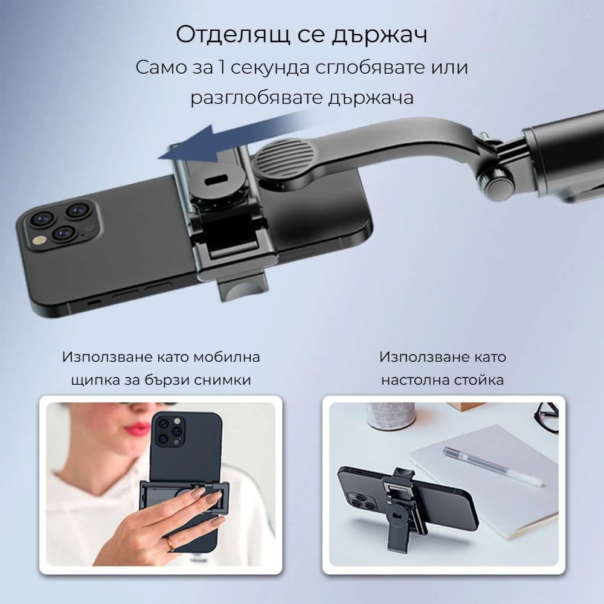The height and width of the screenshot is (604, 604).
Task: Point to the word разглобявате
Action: pyautogui.click(x=256, y=98)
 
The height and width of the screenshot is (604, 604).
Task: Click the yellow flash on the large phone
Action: pyautogui.click(x=39, y=240)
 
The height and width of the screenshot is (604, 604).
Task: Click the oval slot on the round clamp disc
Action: pyautogui.click(x=214, y=180)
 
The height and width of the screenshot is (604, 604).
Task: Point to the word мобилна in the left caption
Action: pyautogui.click(x=226, y=357)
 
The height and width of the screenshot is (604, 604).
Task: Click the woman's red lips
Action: pyautogui.click(x=138, y=428)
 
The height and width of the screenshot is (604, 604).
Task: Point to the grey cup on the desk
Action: pyautogui.click(x=391, y=417)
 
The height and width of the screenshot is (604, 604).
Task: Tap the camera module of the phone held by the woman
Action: pyautogui.click(x=169, y=431)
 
